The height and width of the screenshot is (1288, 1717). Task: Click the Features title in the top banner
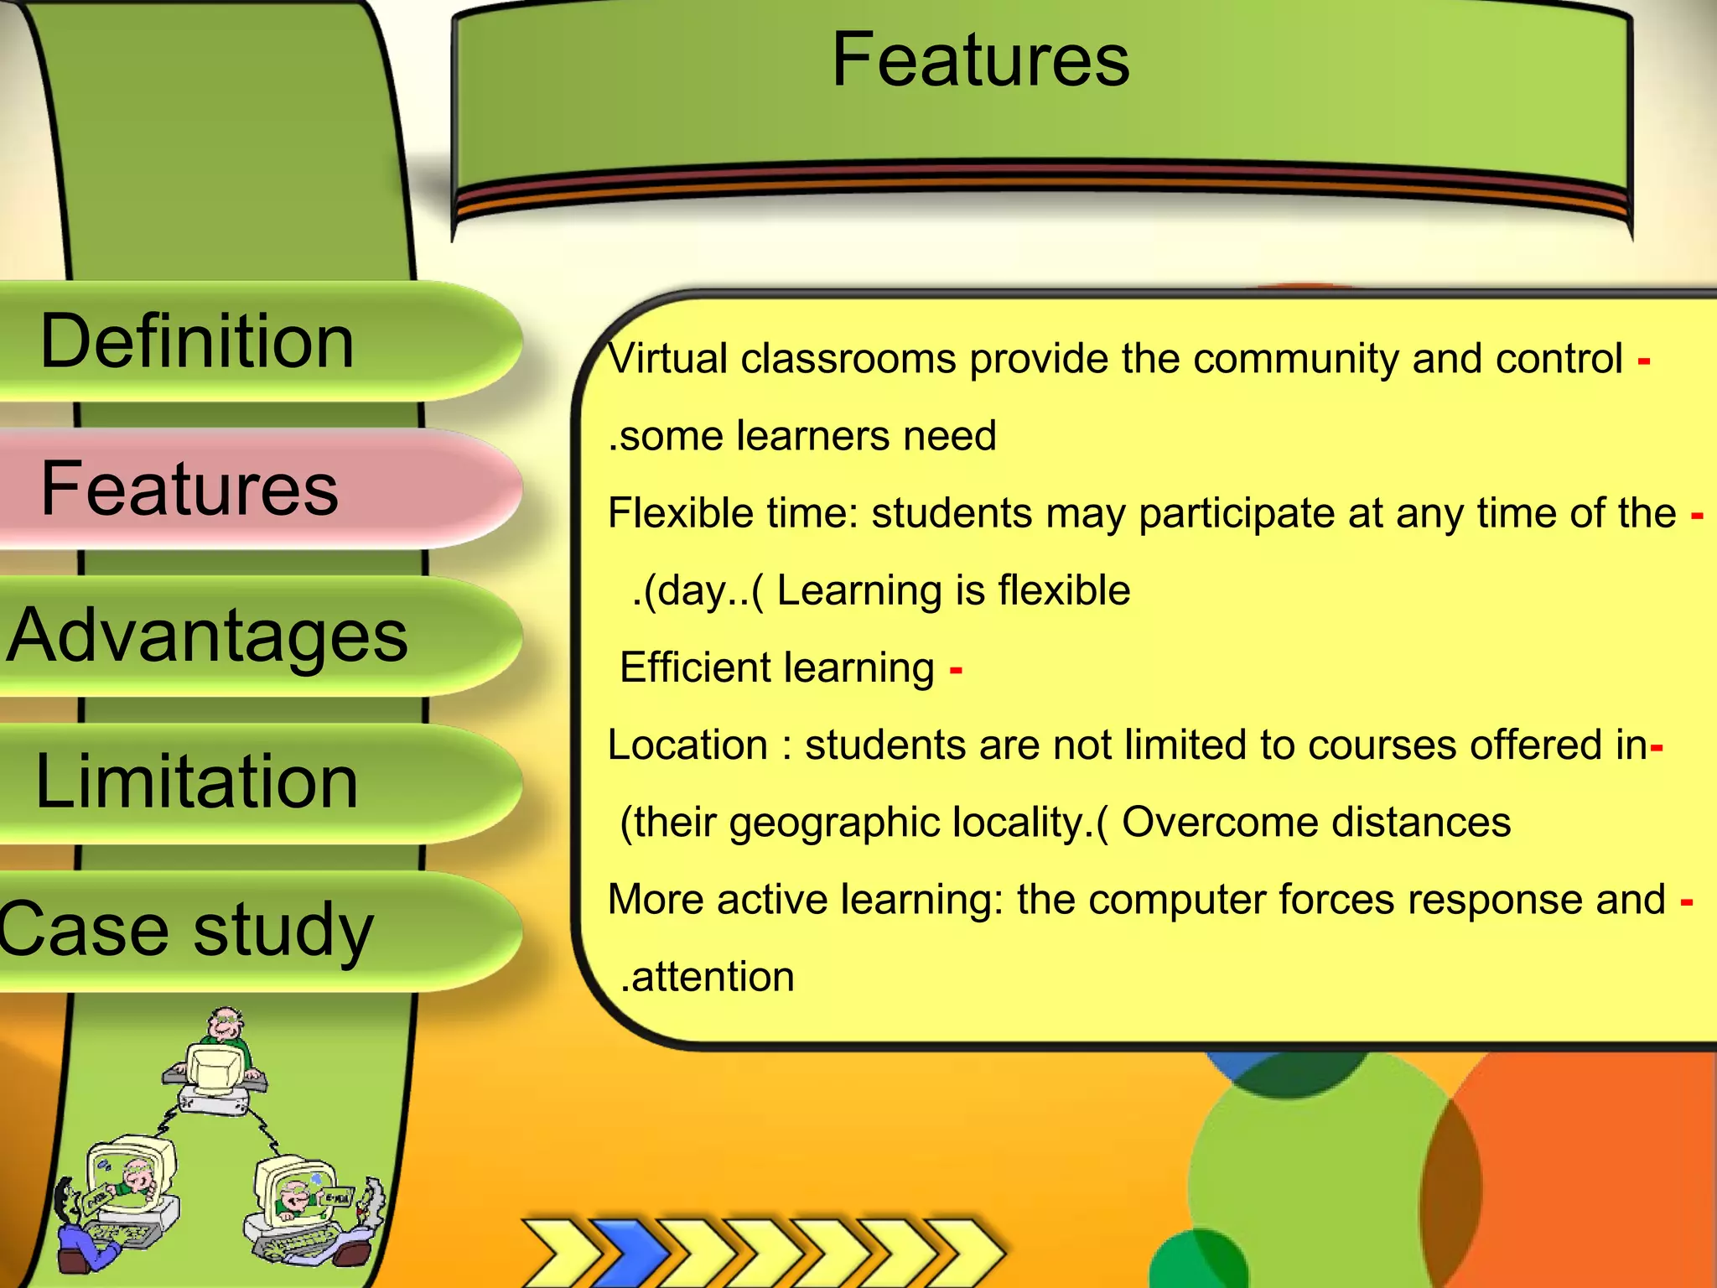click(x=980, y=60)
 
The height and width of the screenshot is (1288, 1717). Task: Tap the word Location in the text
click(x=687, y=745)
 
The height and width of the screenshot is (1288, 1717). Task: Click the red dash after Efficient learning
click(x=956, y=670)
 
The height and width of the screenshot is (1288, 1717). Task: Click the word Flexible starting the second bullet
click(x=668, y=513)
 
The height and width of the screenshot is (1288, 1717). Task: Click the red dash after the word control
click(x=1643, y=361)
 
